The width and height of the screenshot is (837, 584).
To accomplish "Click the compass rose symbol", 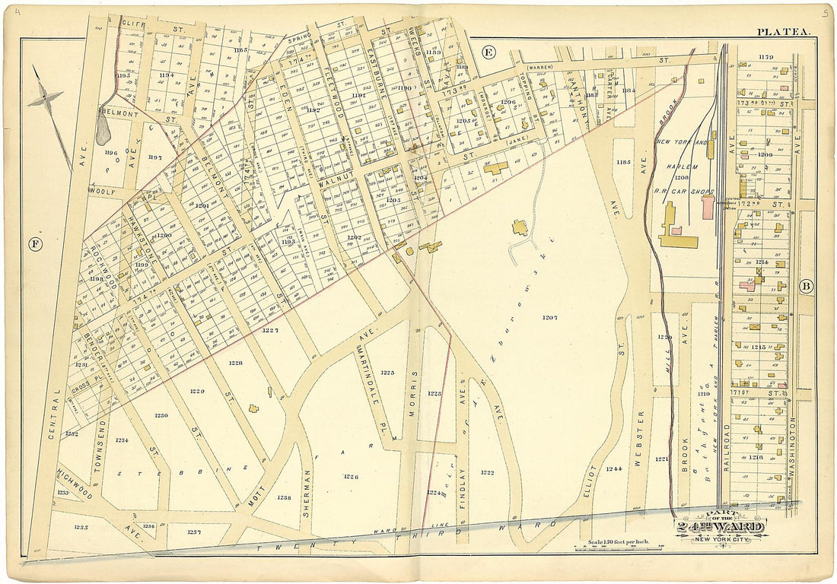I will pos(46,98).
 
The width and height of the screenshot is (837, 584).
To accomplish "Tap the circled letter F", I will pos(34,244).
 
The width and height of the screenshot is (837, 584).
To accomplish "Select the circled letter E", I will pos(489,52).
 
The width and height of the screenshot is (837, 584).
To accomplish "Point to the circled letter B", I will pos(806,287).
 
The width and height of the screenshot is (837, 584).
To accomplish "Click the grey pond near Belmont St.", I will pos(104,135).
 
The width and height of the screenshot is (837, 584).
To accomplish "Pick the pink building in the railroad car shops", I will pos(708,207).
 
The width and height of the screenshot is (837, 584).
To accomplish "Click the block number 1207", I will pos(549,316).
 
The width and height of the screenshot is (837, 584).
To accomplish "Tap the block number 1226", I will pos(350,477).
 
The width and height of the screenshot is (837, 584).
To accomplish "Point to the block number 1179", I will pos(765,56).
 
